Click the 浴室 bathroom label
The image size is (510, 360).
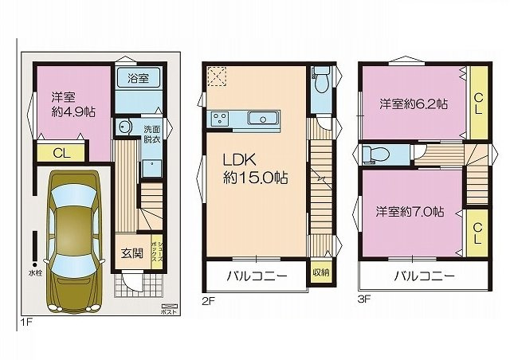[138, 78]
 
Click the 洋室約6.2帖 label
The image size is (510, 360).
[412, 104]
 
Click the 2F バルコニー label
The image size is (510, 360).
[256, 277]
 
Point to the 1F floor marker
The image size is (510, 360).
[26, 322]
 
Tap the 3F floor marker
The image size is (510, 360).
[364, 301]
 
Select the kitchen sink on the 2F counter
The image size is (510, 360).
[262, 119]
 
